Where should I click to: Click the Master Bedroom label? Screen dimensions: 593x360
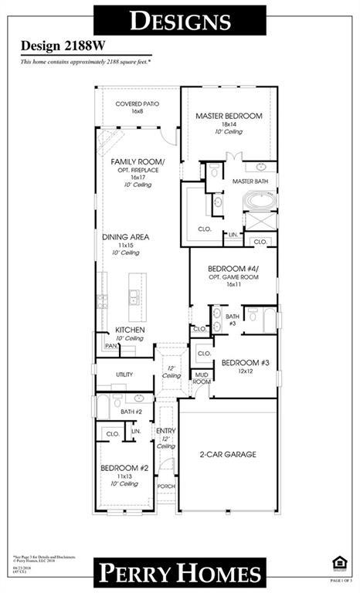(229, 116)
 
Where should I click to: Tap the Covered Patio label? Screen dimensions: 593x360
(137, 103)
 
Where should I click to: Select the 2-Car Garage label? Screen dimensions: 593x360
(228, 454)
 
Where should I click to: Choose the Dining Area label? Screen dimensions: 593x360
(126, 237)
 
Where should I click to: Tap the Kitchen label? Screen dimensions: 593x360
(130, 330)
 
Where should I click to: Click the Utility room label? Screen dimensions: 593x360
(124, 374)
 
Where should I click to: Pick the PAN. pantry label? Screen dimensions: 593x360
(110, 346)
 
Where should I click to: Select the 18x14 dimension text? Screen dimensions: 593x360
(229, 124)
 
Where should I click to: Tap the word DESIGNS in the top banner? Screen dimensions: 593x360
(180, 20)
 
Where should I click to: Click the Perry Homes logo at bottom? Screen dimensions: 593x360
(179, 574)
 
